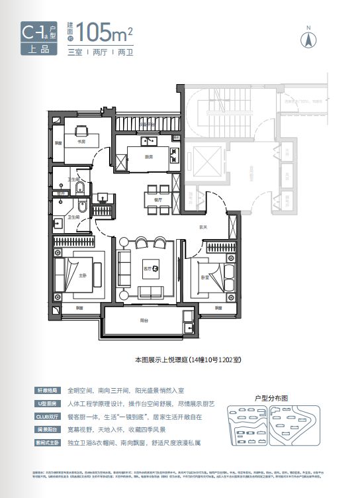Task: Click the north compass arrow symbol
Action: pyautogui.click(x=307, y=37)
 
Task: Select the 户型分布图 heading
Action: pyautogui.click(x=271, y=399)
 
